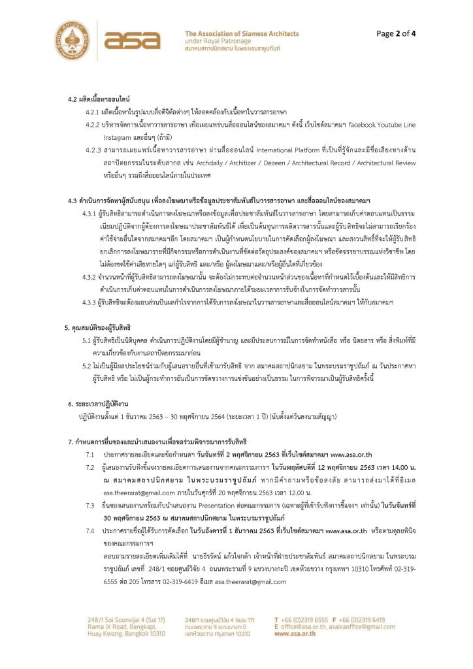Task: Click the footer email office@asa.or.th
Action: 309,626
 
